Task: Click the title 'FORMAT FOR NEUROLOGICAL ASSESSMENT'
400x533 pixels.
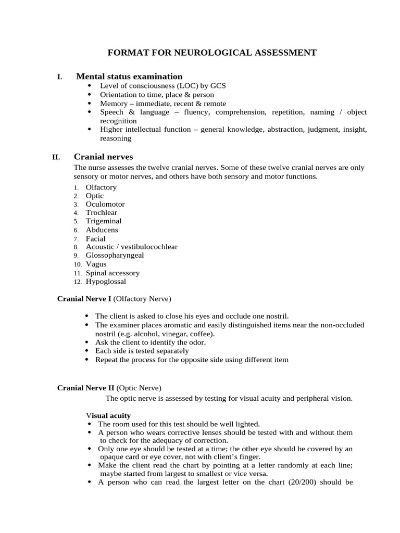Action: (211, 53)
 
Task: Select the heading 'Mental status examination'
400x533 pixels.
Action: (129, 77)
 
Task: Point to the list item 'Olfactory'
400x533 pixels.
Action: (101, 187)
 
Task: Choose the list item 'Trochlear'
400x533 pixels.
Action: (101, 212)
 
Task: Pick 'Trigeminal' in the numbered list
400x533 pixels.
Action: (103, 221)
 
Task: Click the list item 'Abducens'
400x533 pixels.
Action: (102, 230)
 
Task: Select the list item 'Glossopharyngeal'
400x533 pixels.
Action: (115, 256)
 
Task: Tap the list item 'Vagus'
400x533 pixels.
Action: (96, 264)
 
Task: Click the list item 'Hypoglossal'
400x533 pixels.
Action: (106, 282)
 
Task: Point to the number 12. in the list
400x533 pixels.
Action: (77, 282)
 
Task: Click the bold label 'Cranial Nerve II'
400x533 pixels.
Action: (85, 388)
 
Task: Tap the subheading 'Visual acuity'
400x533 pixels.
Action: (108, 415)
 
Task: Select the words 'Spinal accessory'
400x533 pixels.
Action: (113, 273)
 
